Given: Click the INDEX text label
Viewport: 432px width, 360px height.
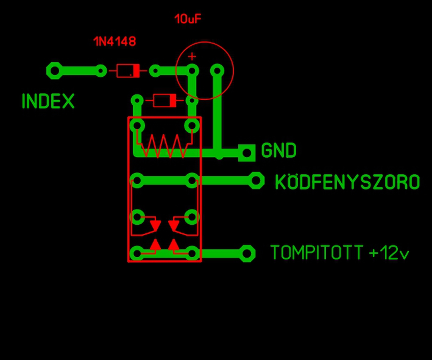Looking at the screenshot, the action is (48, 101).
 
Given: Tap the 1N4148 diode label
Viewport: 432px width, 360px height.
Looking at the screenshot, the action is (115, 41).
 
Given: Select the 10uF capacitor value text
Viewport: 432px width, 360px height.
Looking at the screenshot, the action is (188, 19).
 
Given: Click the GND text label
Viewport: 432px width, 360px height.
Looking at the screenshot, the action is (279, 150).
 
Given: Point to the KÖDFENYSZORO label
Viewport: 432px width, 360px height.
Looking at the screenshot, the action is (347, 181).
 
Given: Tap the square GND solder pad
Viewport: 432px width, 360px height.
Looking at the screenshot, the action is (247, 153).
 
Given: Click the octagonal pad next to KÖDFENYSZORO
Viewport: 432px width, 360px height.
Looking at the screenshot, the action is (256, 181).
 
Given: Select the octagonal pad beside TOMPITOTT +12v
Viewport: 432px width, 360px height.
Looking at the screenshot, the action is (247, 253).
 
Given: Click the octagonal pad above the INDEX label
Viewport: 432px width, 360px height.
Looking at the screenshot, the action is (55, 71).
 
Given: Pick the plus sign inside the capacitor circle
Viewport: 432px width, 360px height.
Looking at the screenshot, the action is (192, 56).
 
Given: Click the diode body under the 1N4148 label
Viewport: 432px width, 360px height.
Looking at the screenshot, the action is (128, 71).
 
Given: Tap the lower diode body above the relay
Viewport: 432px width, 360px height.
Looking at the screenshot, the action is (165, 101).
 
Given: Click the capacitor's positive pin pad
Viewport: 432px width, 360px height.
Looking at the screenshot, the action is (192, 71).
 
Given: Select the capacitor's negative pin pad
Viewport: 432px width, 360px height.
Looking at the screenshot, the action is (217, 71).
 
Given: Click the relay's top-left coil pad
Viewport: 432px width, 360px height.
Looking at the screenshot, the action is (137, 125).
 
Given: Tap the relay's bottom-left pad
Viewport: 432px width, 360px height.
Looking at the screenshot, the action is (137, 253).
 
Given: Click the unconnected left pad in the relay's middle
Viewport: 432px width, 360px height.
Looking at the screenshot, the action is (137, 217).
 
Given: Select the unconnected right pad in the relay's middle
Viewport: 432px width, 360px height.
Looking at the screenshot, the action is (192, 217).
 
